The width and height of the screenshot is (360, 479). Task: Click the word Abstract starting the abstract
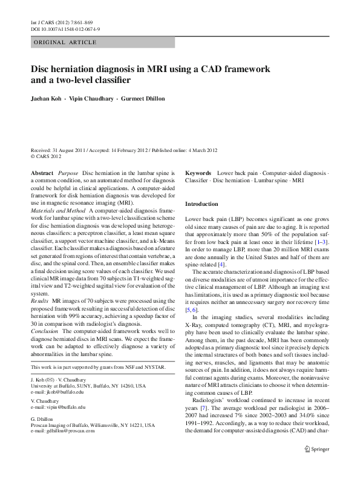coord(42,173)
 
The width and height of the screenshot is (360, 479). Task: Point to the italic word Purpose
coord(68,173)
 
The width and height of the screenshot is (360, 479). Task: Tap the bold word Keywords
coord(198,173)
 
